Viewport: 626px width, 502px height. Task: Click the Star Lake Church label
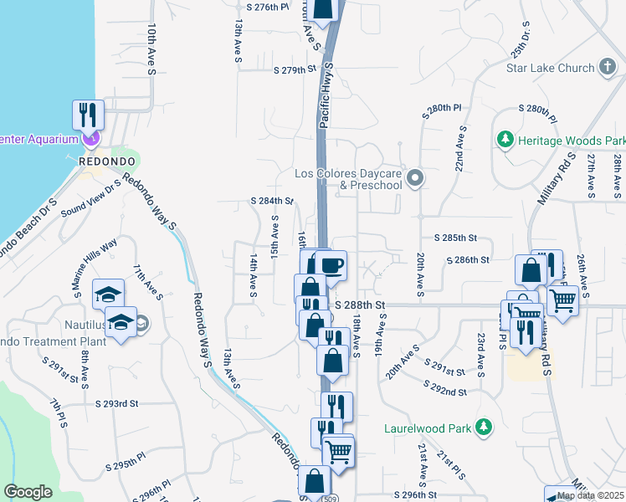coord(550,68)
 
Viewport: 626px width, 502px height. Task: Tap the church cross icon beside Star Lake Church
coord(609,68)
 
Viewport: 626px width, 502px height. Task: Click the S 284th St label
coord(272,201)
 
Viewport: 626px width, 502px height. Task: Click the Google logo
coord(28,492)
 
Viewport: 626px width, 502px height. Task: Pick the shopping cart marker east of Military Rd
coord(562,300)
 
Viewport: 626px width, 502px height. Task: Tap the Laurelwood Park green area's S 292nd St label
coord(444,392)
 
